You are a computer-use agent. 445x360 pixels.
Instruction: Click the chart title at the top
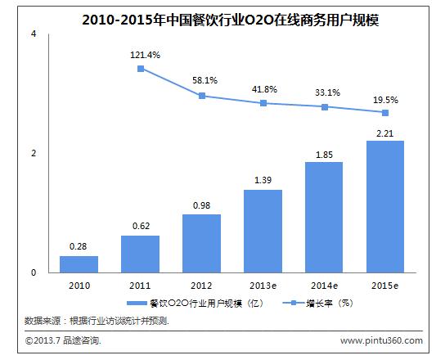pyautogui.click(x=222, y=15)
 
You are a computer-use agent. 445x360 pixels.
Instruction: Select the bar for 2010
pyautogui.click(x=79, y=264)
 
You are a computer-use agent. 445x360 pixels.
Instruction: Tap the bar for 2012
pyautogui.click(x=201, y=243)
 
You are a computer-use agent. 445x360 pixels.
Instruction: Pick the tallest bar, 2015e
pyautogui.click(x=385, y=206)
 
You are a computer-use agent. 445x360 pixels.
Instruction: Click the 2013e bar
pyautogui.click(x=263, y=231)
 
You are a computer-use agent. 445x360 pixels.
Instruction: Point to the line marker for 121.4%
pyautogui.click(x=141, y=69)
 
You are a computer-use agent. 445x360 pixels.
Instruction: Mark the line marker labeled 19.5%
pyautogui.click(x=385, y=113)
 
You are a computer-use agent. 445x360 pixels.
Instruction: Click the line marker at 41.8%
pyautogui.click(x=263, y=103)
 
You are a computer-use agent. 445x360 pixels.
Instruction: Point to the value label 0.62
pyautogui.click(x=140, y=226)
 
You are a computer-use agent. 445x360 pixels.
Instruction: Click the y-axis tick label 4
pyautogui.click(x=33, y=34)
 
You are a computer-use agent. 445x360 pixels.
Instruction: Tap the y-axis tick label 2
pyautogui.click(x=33, y=154)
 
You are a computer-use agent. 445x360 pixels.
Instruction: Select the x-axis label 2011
pyautogui.click(x=140, y=286)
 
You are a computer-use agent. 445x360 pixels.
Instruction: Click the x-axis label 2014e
pyautogui.click(x=324, y=286)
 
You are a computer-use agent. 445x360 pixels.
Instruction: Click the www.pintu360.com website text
pyautogui.click(x=380, y=340)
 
